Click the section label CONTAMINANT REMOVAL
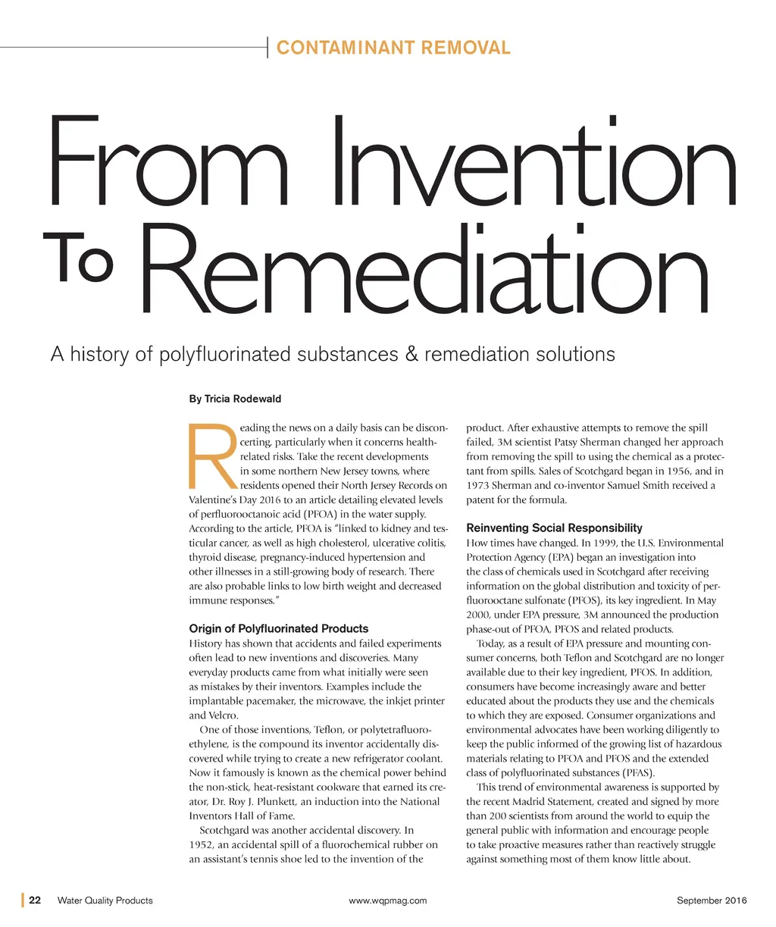(x=393, y=48)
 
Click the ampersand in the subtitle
(x=411, y=354)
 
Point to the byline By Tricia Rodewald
(x=235, y=399)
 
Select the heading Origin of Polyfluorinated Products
(x=278, y=628)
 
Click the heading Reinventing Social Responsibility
(x=554, y=528)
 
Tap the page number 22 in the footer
(x=35, y=900)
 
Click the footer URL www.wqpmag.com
(x=388, y=900)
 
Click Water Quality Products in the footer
(x=105, y=900)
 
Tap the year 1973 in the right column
(x=479, y=485)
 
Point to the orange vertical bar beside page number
(x=23, y=900)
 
